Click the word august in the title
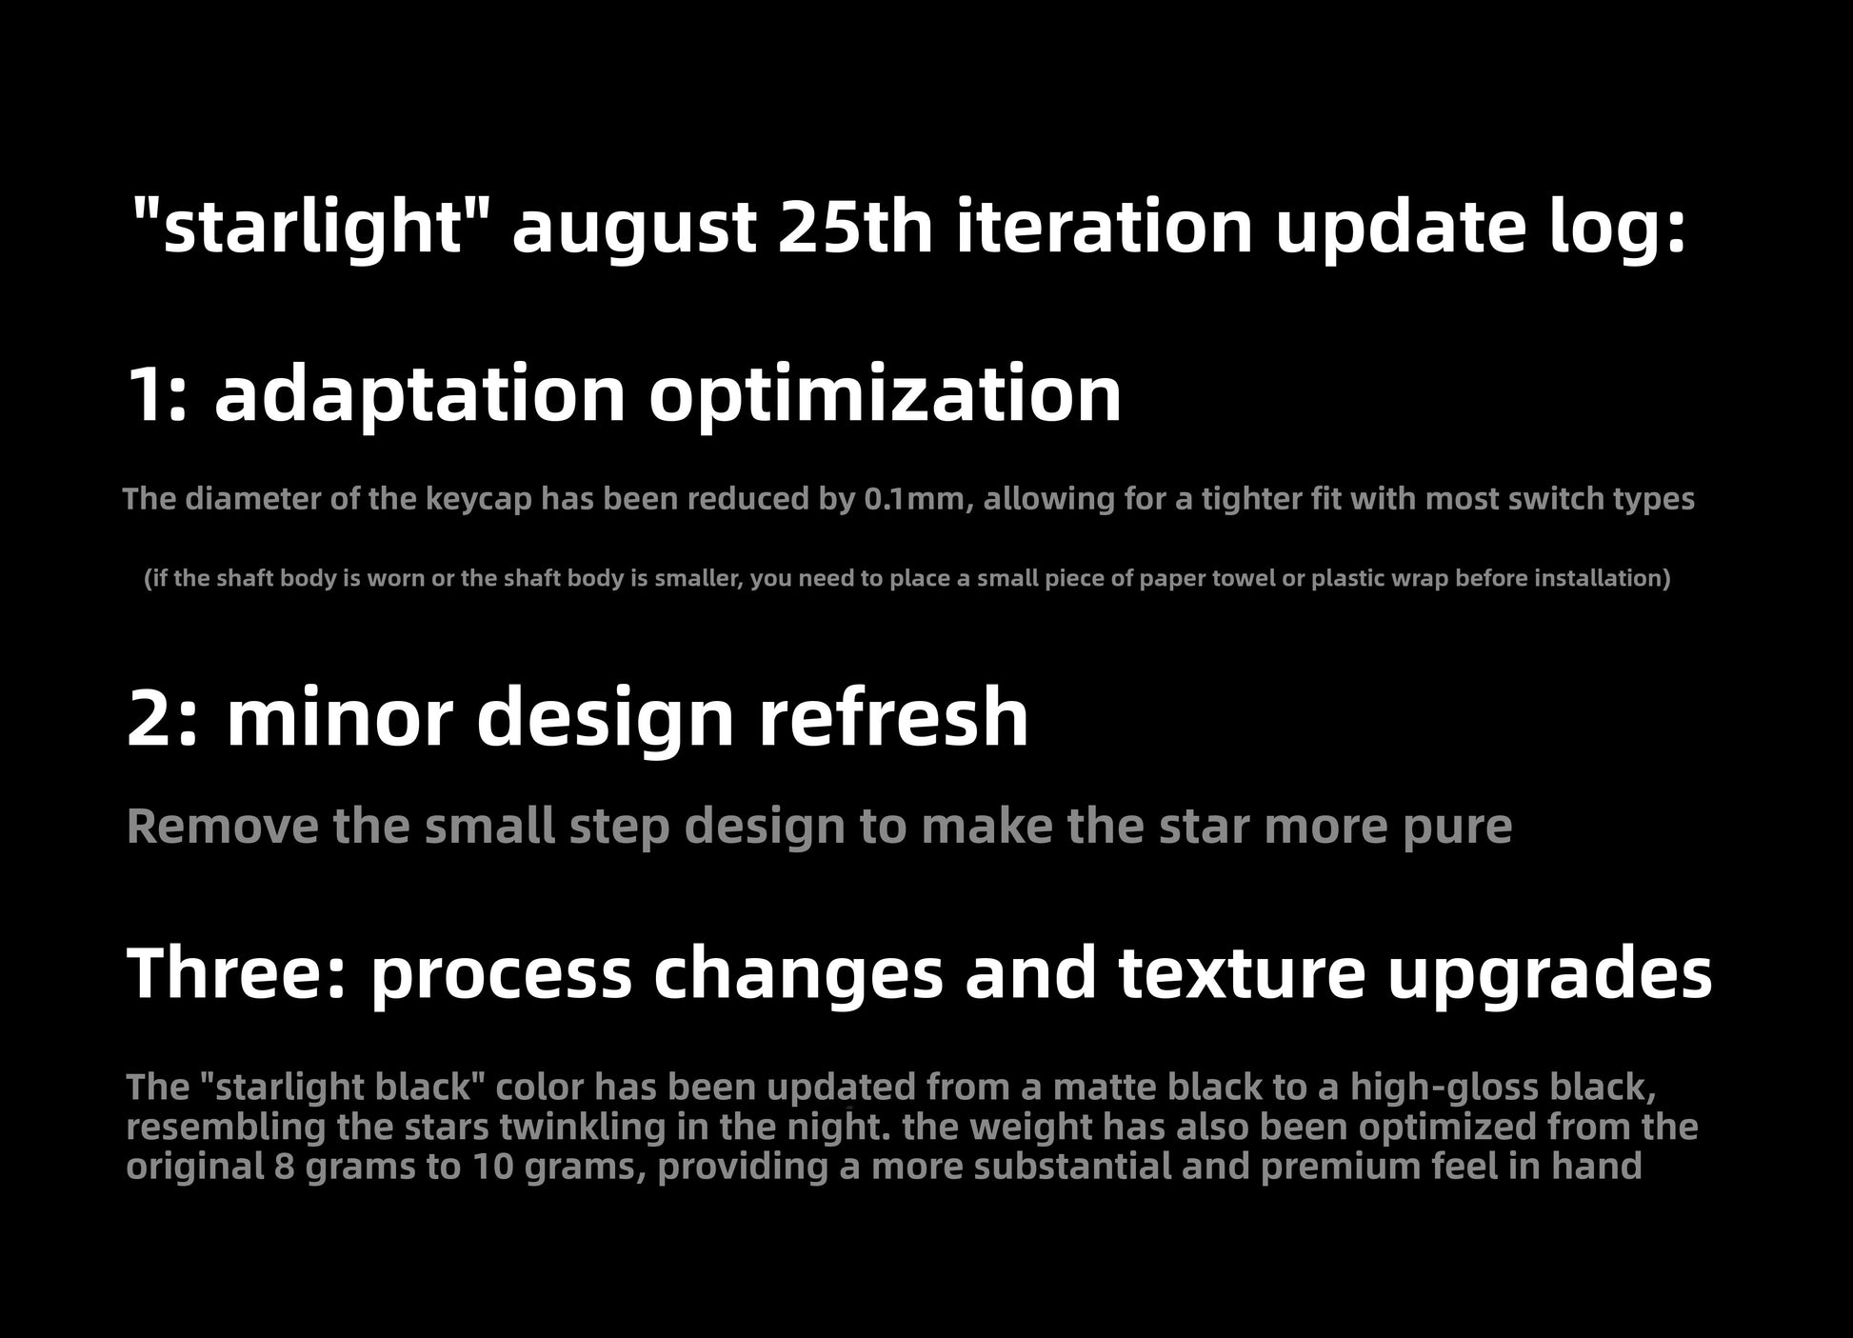(634, 230)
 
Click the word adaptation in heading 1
(420, 394)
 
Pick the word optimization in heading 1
(886, 394)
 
